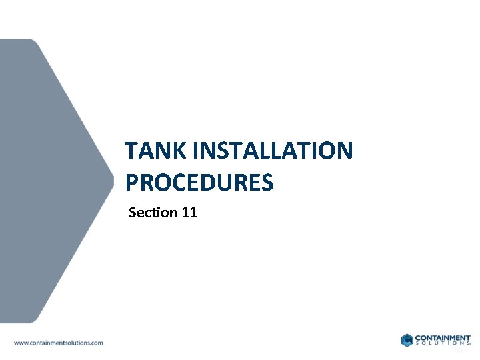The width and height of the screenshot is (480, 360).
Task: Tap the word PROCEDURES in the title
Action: [x=199, y=182]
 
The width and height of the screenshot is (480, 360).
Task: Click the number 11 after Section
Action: [x=189, y=213]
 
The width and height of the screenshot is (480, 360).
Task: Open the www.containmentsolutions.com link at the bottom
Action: [x=59, y=343]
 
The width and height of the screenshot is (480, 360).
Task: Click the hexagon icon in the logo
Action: [x=407, y=340]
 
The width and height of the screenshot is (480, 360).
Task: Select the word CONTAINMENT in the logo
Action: [x=443, y=338]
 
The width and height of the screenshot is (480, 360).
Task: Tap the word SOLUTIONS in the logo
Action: [x=443, y=344]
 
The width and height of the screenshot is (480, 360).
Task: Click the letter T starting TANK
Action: [x=131, y=151]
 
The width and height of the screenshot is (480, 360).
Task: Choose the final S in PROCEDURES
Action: [x=267, y=182]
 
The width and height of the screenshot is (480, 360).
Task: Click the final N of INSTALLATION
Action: [x=343, y=151]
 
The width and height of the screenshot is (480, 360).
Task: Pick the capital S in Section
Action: [x=133, y=213]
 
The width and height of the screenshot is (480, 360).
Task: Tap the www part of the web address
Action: [x=21, y=343]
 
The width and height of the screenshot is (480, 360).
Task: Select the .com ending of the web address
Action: [x=96, y=343]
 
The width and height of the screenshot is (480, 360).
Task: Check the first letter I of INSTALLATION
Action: [x=195, y=151]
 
